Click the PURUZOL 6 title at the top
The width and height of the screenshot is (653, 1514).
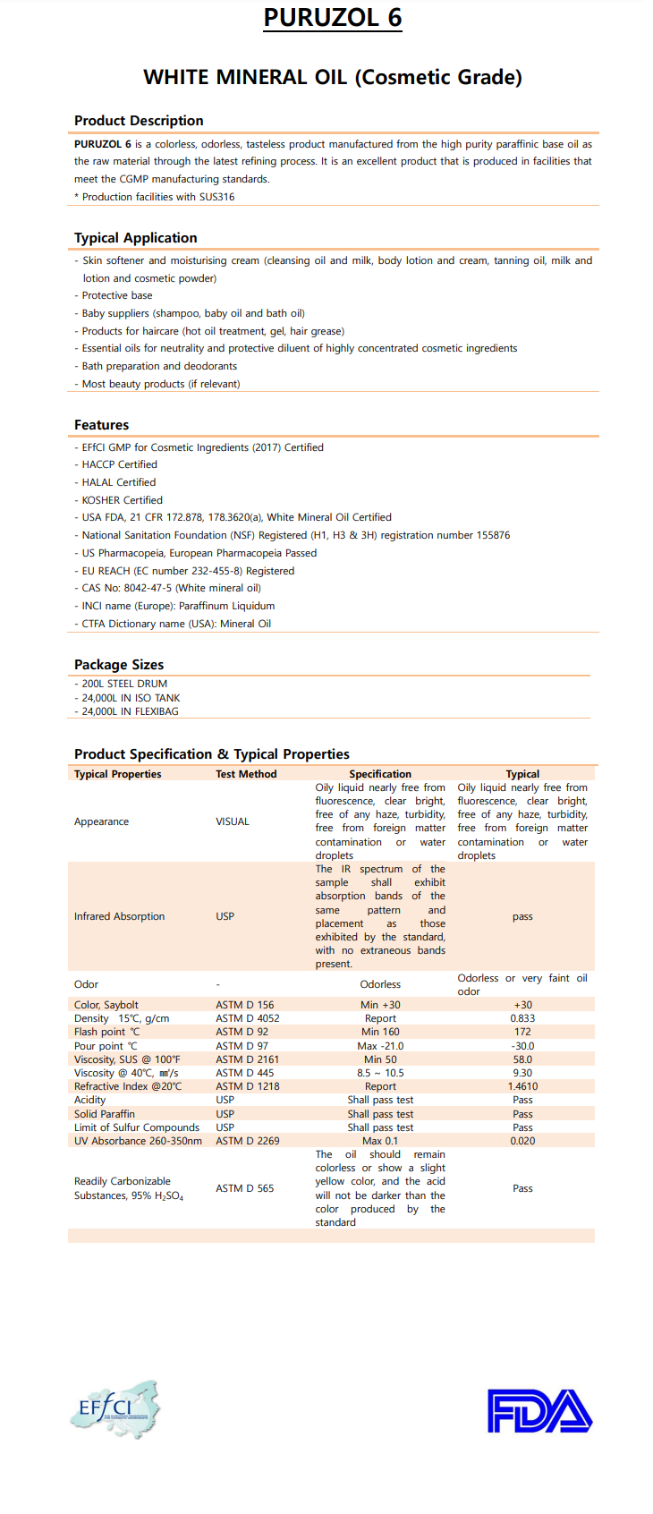333,18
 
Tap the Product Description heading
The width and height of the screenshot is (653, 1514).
139,121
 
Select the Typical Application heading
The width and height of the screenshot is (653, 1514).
136,238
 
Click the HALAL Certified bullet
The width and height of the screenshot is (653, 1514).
118,482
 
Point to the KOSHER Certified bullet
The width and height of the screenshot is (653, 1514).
122,500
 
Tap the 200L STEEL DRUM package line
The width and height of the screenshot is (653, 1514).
124,684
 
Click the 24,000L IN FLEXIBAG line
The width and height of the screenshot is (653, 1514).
130,711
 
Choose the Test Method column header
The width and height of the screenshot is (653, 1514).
246,774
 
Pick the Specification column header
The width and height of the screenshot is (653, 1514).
380,774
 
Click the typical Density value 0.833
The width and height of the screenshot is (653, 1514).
522,1018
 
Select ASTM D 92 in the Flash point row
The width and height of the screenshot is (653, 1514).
242,1032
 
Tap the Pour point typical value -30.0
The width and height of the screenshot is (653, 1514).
522,1046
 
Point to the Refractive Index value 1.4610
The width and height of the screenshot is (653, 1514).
522,1086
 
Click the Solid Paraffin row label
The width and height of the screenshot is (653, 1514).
105,1114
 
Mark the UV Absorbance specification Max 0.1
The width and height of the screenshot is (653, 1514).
380,1141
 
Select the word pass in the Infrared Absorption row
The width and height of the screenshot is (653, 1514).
522,916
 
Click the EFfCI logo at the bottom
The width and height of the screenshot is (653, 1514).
114,1409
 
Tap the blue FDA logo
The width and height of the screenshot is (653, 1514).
539,1411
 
